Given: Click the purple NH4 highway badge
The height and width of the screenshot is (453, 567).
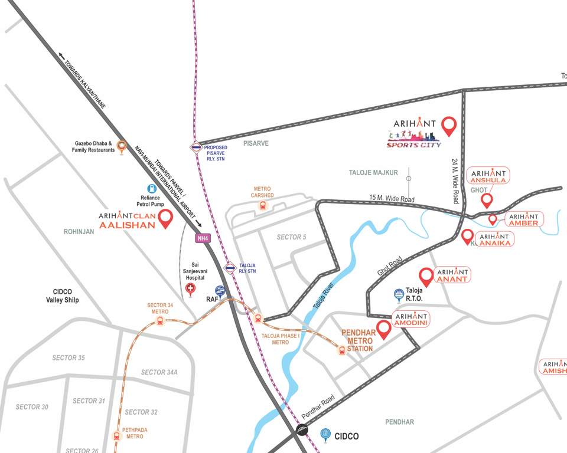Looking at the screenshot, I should coord(203,238).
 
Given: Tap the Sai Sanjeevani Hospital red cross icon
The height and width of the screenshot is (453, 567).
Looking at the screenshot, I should coord(190,288).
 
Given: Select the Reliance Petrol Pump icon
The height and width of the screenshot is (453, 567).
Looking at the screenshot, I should coord(152,189).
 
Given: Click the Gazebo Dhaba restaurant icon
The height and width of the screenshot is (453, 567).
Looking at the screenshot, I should coord(122,146).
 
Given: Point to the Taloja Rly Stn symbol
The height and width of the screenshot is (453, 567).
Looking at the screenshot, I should coord(230,269).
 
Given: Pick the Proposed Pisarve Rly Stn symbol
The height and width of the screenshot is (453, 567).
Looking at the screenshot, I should coord(195,147).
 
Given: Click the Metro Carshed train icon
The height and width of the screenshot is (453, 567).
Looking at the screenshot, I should coord(262,206).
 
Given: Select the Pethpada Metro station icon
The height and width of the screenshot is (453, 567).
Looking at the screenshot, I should coord(117,436).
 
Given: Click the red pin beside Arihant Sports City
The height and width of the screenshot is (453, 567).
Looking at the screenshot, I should coord(449,126).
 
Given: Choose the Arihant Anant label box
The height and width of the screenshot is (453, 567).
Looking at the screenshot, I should coord(452,275).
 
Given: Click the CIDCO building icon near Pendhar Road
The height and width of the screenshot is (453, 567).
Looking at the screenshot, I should coord(325,435).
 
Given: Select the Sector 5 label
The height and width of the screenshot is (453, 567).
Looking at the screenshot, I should coord(292,237).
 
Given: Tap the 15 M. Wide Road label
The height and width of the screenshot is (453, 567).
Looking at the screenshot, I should coord(392,200).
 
